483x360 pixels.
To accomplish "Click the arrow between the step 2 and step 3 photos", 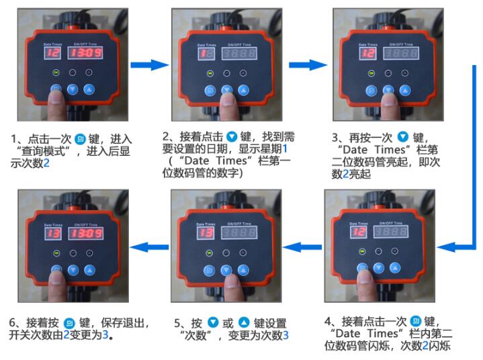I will point(306,64).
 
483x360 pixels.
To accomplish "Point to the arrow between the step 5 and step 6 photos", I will point(148,246).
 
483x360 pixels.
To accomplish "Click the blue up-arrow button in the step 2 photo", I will point(243,89).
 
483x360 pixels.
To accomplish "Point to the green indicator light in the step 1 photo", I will point(56,73).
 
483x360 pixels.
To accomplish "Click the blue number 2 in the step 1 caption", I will point(46,163).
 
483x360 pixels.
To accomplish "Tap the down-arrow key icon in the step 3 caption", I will point(402,135).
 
